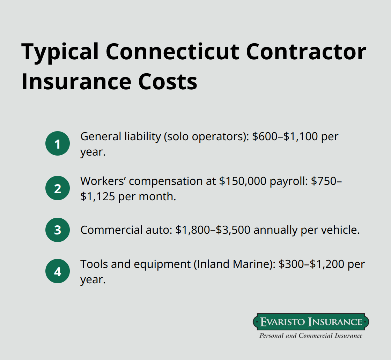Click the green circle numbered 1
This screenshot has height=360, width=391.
coord(58,143)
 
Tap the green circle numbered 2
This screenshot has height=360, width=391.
coord(58,188)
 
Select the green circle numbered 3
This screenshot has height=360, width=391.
coord(58,230)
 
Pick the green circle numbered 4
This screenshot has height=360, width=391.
coord(58,271)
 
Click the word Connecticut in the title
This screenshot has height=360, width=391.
coord(173,52)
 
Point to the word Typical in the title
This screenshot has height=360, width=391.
coord(60,52)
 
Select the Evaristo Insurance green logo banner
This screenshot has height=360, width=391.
coord(311,322)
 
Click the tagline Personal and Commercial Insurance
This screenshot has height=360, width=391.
coord(311,336)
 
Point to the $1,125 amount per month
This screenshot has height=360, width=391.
coord(97,196)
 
